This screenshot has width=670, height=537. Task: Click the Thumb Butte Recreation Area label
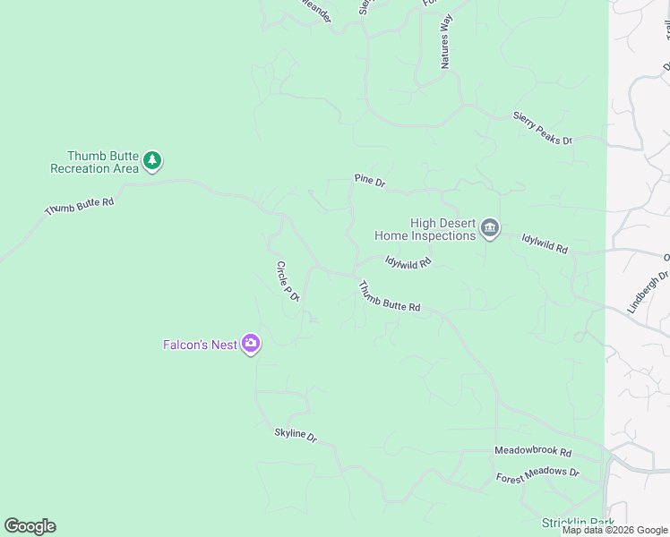(x=94, y=162)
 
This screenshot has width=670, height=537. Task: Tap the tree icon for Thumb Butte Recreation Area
(x=153, y=161)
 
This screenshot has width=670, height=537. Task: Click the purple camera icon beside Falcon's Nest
(x=252, y=344)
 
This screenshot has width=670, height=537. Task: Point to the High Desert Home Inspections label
(x=425, y=230)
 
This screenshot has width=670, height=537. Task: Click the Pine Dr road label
(x=369, y=182)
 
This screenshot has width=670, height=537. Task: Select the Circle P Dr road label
(x=287, y=281)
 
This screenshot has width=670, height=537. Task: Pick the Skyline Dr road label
(x=296, y=435)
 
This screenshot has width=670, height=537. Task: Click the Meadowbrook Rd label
(x=533, y=452)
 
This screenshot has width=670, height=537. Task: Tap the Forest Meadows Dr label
(x=537, y=476)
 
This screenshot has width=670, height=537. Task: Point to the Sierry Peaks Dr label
(x=542, y=127)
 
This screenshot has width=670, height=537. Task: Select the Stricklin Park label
(x=578, y=523)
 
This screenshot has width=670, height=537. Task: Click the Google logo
(x=30, y=526)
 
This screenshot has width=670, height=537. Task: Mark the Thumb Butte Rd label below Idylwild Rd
(x=390, y=297)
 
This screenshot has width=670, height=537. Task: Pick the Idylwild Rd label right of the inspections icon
(x=545, y=243)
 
